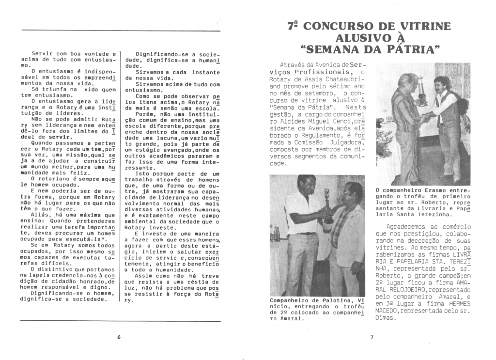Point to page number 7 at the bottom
371,337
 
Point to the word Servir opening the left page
42,53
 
